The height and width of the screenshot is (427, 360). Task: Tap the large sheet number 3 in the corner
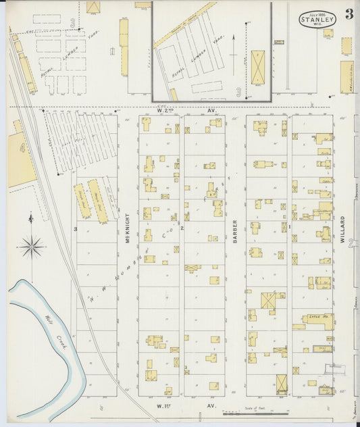(x=349, y=14)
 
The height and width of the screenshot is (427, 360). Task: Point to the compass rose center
(x=32, y=247)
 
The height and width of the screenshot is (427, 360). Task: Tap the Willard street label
(x=343, y=229)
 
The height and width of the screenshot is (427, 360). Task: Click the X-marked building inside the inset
(x=259, y=64)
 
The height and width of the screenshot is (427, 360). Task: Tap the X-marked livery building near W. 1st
(x=282, y=384)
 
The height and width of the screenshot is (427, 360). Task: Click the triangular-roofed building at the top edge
(x=93, y=7)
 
